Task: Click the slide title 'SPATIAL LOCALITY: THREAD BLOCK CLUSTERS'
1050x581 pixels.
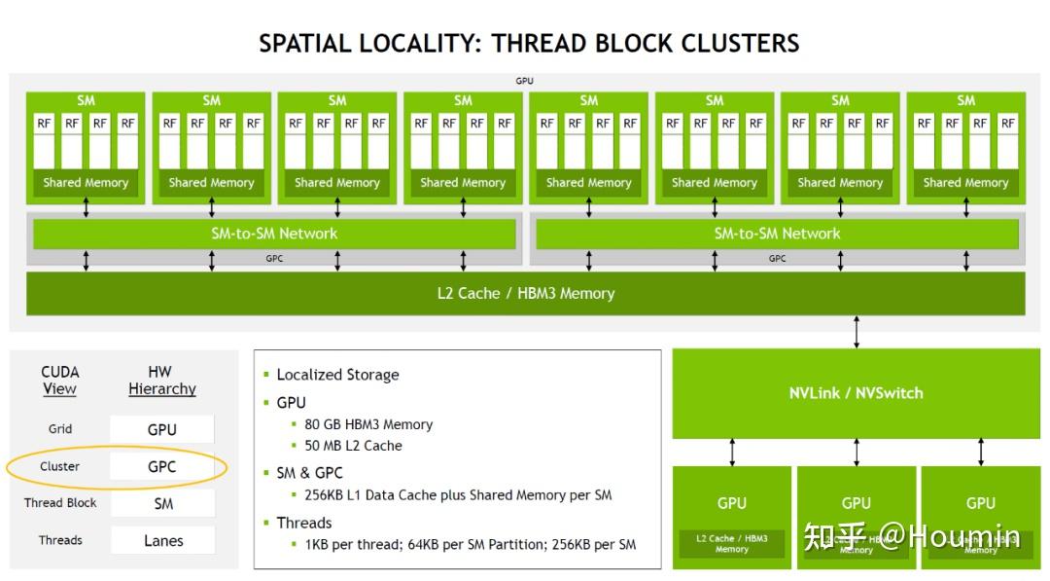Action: [x=529, y=44]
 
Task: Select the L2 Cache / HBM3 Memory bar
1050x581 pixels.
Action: [x=525, y=293]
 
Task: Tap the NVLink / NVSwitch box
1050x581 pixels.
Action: [x=856, y=393]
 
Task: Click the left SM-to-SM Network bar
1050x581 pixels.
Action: [x=274, y=234]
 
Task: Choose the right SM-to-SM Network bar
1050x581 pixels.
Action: [x=777, y=234]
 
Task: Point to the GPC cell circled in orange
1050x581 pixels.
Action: [x=161, y=467]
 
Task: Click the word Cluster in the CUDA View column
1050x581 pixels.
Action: [x=59, y=467]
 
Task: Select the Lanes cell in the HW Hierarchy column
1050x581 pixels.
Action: [x=162, y=541]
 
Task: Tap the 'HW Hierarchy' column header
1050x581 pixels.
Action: [x=161, y=381]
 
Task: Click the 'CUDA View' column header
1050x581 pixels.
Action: [x=59, y=381]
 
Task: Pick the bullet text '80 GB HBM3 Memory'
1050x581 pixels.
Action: [x=367, y=424]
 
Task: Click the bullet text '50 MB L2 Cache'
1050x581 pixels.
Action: [x=353, y=446]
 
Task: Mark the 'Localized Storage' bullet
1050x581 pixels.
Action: [x=337, y=375]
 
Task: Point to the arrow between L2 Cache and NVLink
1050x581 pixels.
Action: [x=857, y=332]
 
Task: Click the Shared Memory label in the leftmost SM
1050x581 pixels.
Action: [x=86, y=182]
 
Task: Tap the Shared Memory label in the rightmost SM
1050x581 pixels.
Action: [x=965, y=182]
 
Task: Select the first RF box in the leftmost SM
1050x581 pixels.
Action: [x=44, y=124]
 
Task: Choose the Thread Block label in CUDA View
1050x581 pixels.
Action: [x=60, y=503]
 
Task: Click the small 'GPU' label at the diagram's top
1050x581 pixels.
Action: [x=524, y=81]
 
